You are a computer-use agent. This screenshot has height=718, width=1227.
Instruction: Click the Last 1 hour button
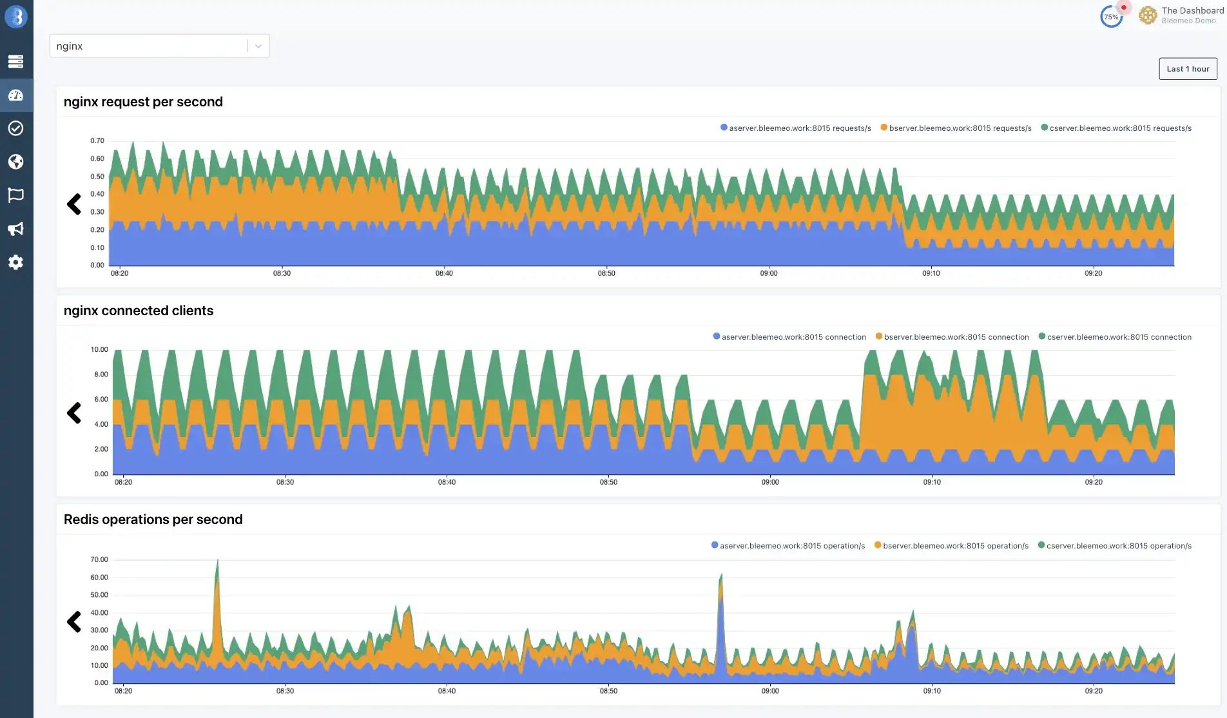[1188, 69]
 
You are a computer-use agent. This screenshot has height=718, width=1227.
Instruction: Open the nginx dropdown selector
[159, 46]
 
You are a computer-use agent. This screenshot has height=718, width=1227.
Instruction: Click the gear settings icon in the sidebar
[16, 262]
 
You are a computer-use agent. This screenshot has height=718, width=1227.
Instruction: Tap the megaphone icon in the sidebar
[16, 229]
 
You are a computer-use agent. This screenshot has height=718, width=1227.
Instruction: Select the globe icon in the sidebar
[16, 162]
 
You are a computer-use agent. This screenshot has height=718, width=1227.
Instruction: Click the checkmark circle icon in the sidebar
[16, 128]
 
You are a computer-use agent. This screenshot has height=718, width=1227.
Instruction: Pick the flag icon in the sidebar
[16, 195]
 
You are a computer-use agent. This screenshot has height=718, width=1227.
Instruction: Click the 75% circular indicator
[1112, 17]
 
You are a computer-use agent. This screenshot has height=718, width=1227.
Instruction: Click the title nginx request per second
[143, 102]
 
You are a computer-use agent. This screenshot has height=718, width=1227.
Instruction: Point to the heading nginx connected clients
[139, 311]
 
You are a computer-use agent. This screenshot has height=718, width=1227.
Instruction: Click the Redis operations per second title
[153, 519]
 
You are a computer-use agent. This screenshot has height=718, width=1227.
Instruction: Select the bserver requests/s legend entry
[956, 128]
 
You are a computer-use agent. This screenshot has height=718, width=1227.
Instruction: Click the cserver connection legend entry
[1115, 337]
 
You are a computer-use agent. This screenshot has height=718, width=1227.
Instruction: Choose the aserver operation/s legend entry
[788, 546]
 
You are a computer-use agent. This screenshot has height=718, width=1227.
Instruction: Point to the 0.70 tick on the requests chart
[97, 141]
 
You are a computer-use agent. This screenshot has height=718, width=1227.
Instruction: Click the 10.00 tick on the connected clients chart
[99, 349]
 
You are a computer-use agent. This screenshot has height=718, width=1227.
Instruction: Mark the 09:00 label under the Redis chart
[770, 691]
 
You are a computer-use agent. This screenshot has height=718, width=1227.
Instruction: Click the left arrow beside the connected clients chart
[74, 413]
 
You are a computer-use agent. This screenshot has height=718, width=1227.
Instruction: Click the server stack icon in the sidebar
[16, 61]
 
